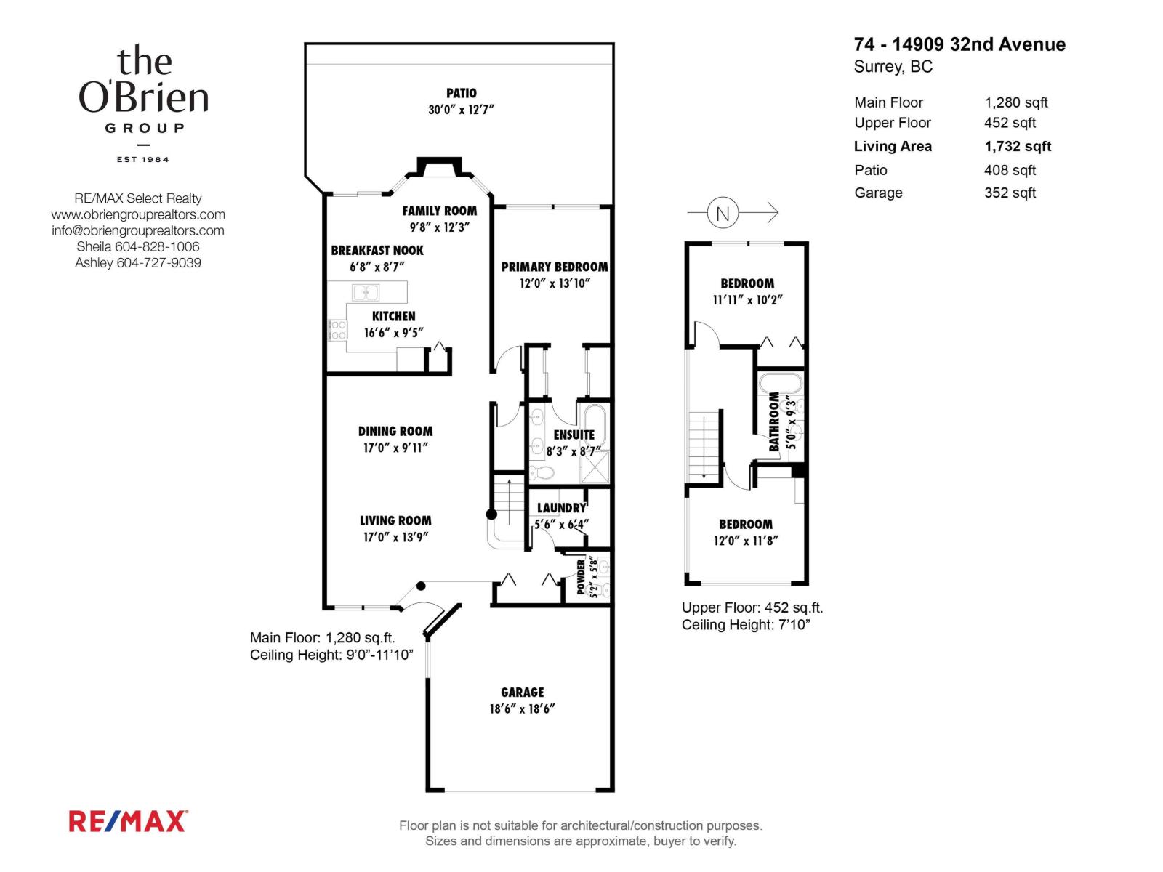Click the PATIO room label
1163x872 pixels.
coord(461,93)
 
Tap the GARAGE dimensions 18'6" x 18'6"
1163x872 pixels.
coord(522,709)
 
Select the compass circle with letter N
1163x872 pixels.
coord(723,213)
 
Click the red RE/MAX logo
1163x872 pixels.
coord(128,821)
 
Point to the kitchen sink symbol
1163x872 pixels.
coord(366,292)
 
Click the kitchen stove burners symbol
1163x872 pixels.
coord(337,330)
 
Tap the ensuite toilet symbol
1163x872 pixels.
coord(542,472)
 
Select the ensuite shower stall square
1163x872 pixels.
coord(595,467)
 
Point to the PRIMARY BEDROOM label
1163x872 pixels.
coord(554,267)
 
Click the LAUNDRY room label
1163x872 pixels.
coord(562,508)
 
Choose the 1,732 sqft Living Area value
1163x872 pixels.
coord(1018,147)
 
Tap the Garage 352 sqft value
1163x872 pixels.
coord(1010,193)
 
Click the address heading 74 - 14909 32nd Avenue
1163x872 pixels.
coord(959,44)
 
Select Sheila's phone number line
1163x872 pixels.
coord(138,247)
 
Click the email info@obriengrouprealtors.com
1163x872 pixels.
coord(138,231)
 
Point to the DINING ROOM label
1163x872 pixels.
coord(395,432)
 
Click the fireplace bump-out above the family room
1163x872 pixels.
coord(439,167)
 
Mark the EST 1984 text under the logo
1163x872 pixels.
coord(143,159)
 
